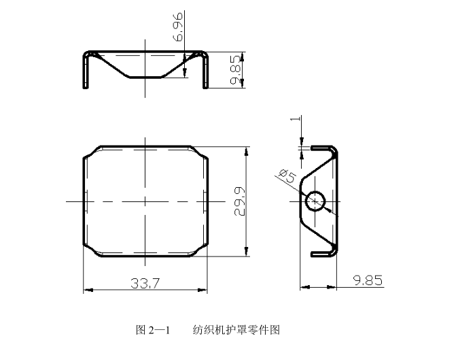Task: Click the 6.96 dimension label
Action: click(x=179, y=26)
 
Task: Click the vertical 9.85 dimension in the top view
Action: click(x=236, y=69)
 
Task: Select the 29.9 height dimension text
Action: click(x=239, y=201)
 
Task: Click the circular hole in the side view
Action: click(x=316, y=201)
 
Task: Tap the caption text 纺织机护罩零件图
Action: click(x=236, y=330)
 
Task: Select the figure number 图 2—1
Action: click(x=153, y=330)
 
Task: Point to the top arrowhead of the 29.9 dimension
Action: click(x=246, y=150)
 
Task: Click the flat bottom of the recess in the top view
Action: click(x=145, y=77)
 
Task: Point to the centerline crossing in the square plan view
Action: click(x=145, y=201)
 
